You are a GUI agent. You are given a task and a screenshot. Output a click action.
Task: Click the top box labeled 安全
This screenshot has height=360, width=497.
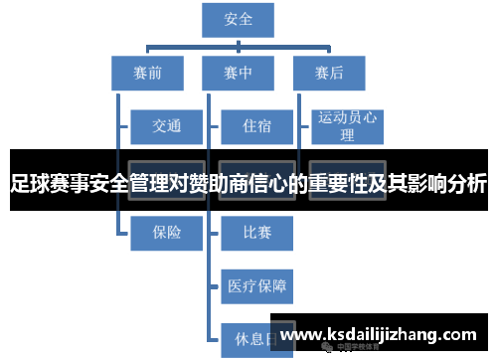click(239, 20)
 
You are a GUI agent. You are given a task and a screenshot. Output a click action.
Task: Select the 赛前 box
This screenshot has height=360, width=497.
click(147, 73)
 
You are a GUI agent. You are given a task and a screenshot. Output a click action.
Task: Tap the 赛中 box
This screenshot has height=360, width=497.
click(239, 73)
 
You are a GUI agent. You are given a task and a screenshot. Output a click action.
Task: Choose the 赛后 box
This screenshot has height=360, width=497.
click(328, 73)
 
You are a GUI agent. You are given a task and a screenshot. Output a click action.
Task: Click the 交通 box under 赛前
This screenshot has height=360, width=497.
click(166, 126)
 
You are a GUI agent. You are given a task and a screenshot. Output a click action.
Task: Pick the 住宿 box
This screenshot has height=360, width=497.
click(256, 126)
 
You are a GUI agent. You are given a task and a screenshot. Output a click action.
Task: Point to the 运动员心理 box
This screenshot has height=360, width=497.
click(347, 126)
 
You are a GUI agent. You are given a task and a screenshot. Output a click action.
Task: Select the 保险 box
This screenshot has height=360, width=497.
click(166, 233)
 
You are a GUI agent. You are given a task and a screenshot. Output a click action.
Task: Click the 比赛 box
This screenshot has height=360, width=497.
click(256, 233)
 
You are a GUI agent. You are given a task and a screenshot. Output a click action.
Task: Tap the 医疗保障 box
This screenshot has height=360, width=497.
click(256, 286)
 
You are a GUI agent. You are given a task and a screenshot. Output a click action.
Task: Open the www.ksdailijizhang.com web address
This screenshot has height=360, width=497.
click(384, 334)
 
